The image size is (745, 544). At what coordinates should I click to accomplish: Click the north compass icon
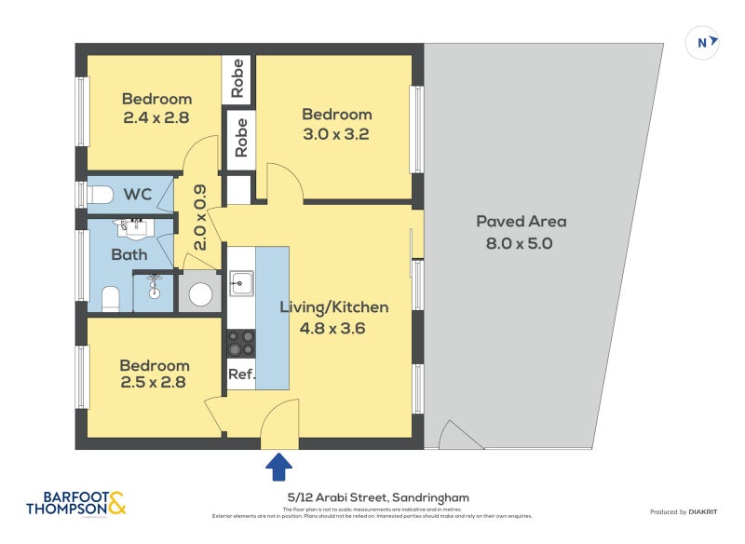click(x=703, y=42)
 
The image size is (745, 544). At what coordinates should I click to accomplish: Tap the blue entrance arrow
click(x=279, y=465)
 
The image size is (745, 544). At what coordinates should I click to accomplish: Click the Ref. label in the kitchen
click(x=241, y=374)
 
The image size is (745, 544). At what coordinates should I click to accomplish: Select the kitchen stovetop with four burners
click(x=241, y=343)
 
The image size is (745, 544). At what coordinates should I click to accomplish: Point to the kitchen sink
click(x=241, y=281)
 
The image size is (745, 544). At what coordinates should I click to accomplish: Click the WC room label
click(x=138, y=195)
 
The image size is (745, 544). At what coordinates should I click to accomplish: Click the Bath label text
click(x=129, y=253)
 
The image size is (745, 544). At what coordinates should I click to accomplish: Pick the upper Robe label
click(x=238, y=79)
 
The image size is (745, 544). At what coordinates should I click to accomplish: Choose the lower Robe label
click(x=241, y=136)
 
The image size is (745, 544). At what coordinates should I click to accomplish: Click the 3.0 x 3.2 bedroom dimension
click(x=336, y=133)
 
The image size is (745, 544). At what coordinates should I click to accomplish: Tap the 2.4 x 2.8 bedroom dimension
click(x=156, y=118)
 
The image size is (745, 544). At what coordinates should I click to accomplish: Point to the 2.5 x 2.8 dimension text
click(x=154, y=382)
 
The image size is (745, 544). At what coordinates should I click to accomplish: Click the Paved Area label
click(x=521, y=222)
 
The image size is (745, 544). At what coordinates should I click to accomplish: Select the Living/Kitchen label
click(x=344, y=307)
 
